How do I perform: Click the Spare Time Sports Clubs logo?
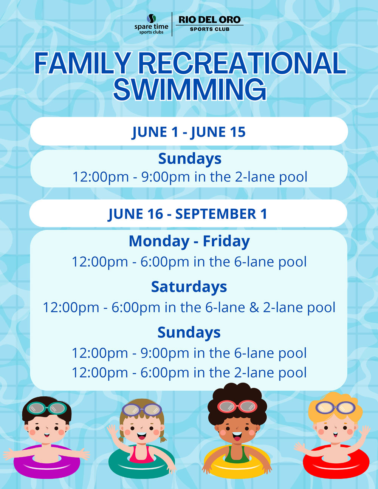(151, 24)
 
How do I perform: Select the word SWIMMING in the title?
(190, 89)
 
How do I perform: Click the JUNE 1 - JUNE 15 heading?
(189, 132)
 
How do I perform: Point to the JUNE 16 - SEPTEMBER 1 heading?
(187, 214)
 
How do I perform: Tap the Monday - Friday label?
(189, 241)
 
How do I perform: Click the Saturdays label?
(189, 287)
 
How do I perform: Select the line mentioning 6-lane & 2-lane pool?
(189, 307)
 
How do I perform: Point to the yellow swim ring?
(237, 461)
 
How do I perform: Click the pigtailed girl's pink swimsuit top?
(141, 454)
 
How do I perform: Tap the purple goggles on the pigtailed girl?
(142, 409)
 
